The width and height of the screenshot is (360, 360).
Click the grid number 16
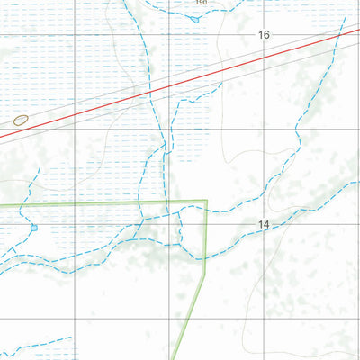click(263, 35)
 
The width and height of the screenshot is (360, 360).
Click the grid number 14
click(263, 224)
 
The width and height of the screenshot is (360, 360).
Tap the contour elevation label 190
click(200, 3)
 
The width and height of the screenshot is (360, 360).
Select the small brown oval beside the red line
click(21, 120)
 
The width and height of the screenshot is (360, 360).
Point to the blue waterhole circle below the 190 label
click(194, 19)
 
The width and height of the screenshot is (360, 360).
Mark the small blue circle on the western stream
click(34, 228)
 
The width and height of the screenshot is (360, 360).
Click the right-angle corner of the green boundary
click(207, 201)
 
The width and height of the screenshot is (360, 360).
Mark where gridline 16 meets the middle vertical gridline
click(168, 35)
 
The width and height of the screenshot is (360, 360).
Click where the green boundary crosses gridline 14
click(207, 224)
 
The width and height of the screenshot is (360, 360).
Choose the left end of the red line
click(1, 137)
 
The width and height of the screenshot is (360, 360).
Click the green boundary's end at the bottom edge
click(175, 359)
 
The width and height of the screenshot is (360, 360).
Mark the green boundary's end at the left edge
click(1, 206)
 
